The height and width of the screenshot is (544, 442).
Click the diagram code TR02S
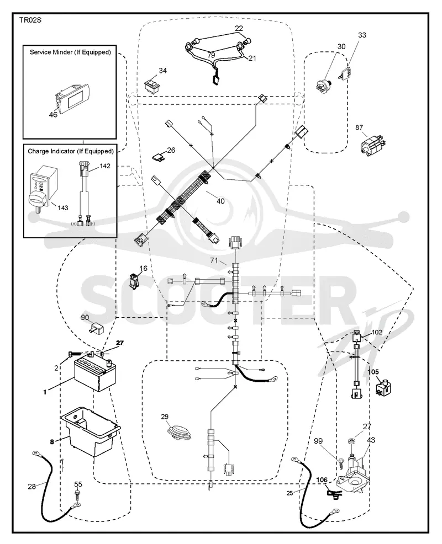30,20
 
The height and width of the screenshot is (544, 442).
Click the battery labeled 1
94,373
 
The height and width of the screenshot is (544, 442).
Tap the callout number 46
53,115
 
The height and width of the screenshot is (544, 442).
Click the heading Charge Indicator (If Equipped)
71,151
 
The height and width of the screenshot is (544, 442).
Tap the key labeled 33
345,73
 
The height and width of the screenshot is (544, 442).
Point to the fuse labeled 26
159,157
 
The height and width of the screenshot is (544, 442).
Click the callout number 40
220,201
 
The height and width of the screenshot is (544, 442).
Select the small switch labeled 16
134,280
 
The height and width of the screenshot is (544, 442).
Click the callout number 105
373,372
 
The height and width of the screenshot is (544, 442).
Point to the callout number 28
31,487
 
